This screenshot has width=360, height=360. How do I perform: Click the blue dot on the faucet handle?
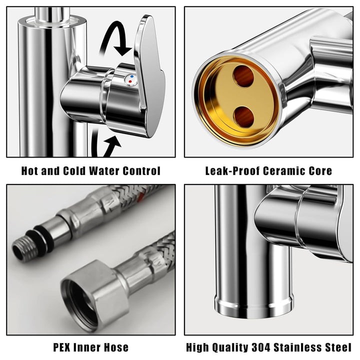(131, 76)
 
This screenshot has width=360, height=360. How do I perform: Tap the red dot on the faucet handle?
(130, 81)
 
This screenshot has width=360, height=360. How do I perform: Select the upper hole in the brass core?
(243, 76)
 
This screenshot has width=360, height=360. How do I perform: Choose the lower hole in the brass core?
(244, 117)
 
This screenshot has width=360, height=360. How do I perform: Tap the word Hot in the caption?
(30, 171)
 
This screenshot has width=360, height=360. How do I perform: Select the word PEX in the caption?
(61, 347)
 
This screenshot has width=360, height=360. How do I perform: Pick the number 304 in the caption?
(261, 347)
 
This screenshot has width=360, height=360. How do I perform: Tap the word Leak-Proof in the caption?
(233, 171)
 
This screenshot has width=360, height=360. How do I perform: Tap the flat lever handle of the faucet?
(149, 76)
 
